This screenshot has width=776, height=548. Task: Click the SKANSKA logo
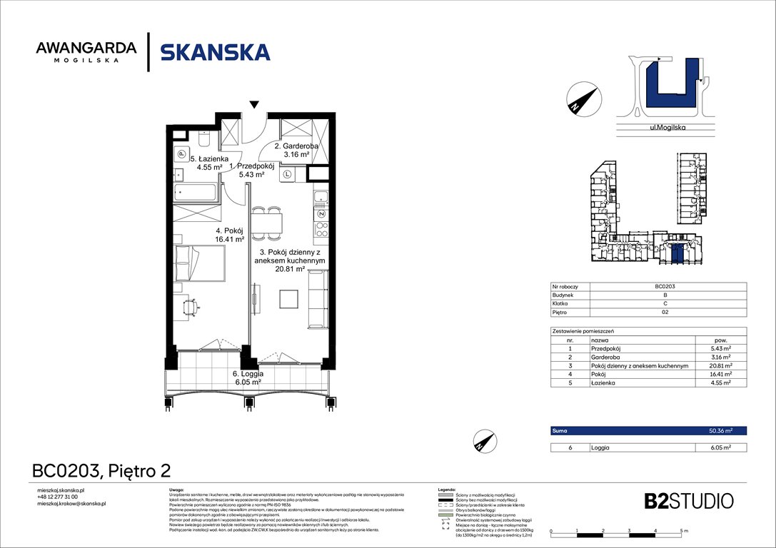[215, 53]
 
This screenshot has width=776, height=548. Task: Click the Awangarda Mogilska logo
[86, 52]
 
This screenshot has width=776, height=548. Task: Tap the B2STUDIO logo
[678, 500]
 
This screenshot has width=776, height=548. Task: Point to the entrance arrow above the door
[254, 106]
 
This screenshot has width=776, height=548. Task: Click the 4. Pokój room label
[229, 235]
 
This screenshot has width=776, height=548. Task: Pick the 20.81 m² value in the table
[720, 365]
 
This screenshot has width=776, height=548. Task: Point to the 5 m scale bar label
[683, 532]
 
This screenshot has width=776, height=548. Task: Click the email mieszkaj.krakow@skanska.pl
[71, 503]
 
